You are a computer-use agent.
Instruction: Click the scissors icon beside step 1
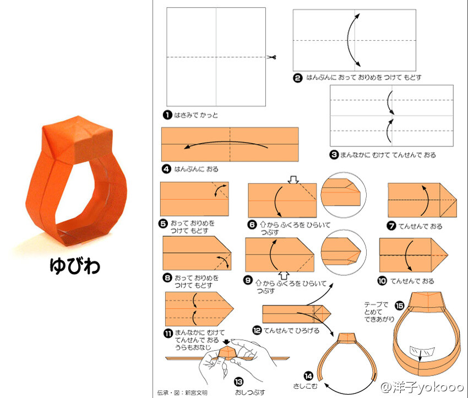pos(271,57)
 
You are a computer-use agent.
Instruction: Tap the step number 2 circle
pos(297,78)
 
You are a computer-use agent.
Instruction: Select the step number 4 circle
pos(166,169)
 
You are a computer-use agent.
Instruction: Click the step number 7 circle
pos(391,226)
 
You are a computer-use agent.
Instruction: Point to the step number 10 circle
pos(382,281)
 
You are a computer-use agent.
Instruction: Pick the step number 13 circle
pos(239,382)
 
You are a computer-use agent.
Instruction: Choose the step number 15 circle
pos(399,306)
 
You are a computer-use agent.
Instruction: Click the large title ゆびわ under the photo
pos(75,265)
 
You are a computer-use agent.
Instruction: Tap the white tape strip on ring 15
pos(422,351)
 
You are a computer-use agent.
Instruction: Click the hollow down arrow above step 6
pos(293,179)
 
